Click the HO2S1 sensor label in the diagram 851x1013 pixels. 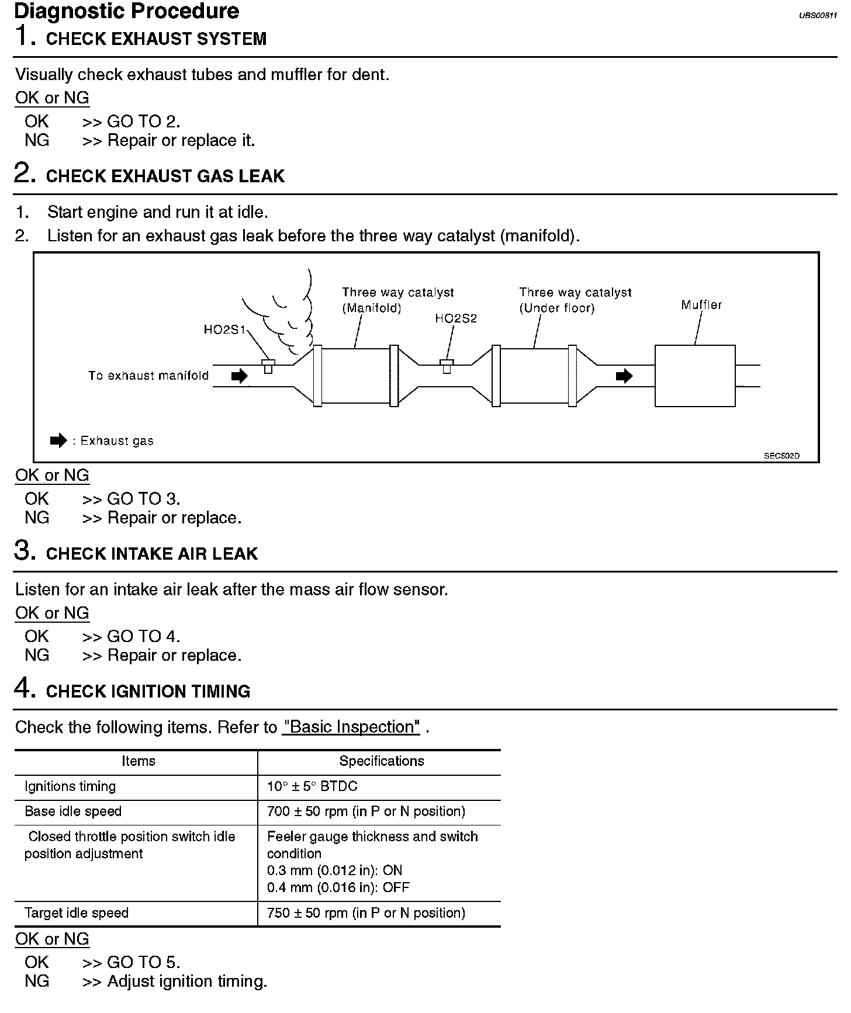tap(224, 330)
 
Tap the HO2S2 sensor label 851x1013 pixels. tap(456, 318)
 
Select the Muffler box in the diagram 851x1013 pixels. tap(694, 376)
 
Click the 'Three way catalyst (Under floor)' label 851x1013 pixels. tap(575, 300)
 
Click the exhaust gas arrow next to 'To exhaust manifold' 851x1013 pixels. tap(239, 376)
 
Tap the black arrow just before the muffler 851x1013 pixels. tap(624, 376)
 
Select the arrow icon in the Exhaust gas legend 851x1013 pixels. tap(58, 441)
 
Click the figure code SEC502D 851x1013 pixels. tap(781, 456)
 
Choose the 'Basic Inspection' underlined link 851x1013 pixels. tap(351, 727)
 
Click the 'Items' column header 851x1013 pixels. tap(139, 761)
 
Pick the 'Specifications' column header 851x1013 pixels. tap(382, 761)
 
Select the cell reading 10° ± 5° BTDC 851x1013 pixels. tap(312, 786)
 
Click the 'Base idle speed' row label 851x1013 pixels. tap(73, 811)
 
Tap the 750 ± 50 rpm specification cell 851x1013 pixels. tap(366, 913)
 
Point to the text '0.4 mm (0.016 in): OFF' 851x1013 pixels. tap(338, 888)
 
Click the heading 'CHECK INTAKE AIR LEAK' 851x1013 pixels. tap(151, 554)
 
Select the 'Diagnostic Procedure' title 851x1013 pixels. tap(127, 11)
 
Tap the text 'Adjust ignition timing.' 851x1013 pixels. tap(187, 981)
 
